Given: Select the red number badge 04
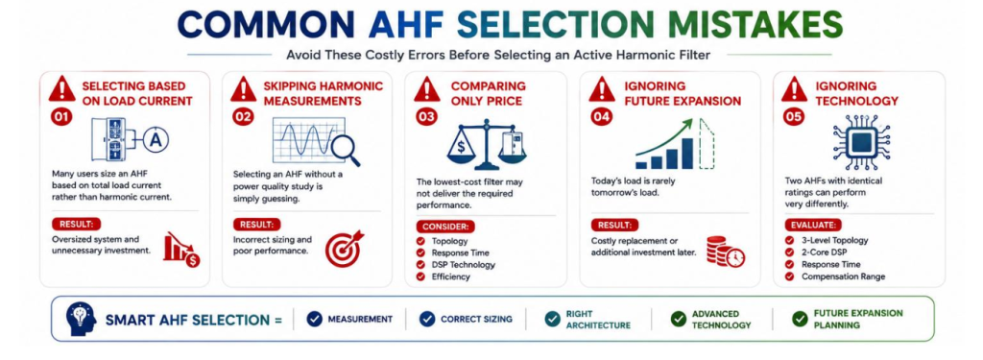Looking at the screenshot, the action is (601, 117).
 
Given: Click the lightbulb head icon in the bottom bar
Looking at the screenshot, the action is (81, 319).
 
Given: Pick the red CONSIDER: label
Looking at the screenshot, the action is (445, 227).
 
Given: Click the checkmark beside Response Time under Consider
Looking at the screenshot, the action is (421, 252).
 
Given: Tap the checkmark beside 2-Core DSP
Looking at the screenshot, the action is (790, 252).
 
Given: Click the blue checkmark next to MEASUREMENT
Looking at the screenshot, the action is (314, 319).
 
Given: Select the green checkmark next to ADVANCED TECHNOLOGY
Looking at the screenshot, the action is (678, 320).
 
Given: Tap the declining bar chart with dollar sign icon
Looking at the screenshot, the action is (181, 250).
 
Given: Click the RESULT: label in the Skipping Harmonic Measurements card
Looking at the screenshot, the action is (257, 225).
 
